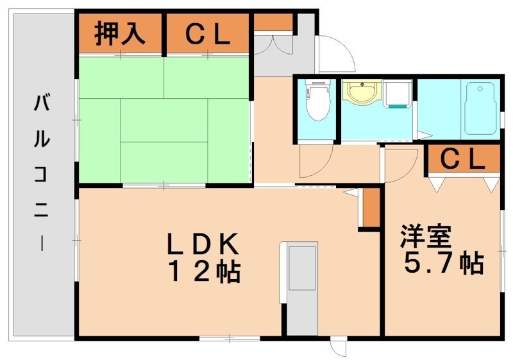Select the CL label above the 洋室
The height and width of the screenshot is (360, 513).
pyautogui.click(x=463, y=159)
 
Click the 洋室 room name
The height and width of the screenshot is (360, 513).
pyautogui.click(x=427, y=237)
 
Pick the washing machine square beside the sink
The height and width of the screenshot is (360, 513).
pyautogui.click(x=398, y=96)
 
